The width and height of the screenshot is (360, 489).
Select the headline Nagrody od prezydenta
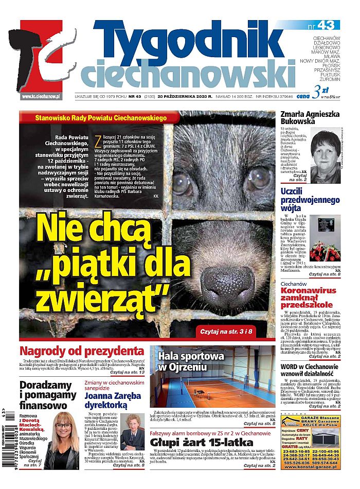[x=82, y=352]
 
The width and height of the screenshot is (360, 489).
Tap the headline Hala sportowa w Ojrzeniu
[x=191, y=361]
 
